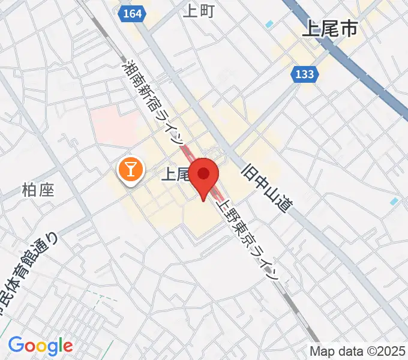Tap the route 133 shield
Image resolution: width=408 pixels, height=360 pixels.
pos(304,74)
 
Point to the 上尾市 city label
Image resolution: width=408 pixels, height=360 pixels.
pos(329,29)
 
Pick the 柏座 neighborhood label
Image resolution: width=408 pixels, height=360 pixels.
pos(38,191)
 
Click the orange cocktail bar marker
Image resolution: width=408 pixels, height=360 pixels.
pos(130,170)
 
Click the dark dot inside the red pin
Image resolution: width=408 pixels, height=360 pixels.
pos(204,174)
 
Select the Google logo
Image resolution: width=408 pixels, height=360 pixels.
pos(40,346)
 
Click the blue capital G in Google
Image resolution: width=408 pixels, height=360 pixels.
pos(16,345)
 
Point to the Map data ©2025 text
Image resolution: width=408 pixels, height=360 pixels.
pos(358,351)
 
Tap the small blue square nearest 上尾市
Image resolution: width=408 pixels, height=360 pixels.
pos(269,25)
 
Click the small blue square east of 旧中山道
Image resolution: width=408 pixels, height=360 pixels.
pos(394,202)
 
